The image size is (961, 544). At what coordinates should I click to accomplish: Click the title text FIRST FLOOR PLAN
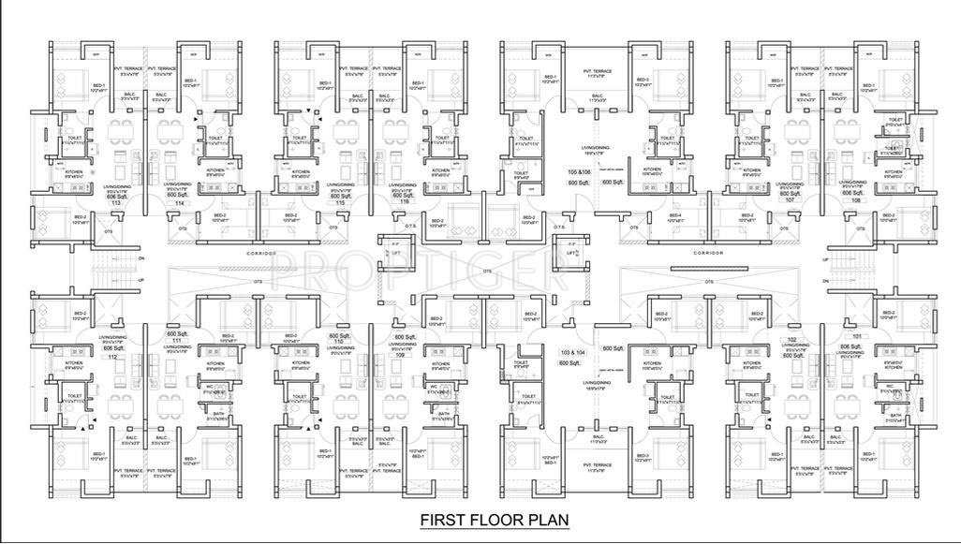[x=494, y=520]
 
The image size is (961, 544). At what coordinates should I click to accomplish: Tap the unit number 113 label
[x=116, y=203]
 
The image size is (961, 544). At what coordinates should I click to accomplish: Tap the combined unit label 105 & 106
[x=579, y=173]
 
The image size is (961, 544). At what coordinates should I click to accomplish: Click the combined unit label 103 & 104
[x=572, y=352]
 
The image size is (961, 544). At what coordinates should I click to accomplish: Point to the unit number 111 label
[x=173, y=341]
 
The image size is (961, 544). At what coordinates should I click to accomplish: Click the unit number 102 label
[x=792, y=340]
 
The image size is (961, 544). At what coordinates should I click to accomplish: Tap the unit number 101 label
[x=856, y=335]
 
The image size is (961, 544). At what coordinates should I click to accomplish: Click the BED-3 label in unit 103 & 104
[x=641, y=458]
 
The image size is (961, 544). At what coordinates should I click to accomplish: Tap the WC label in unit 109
[x=434, y=385]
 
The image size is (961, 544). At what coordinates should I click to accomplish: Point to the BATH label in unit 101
[x=894, y=415]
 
